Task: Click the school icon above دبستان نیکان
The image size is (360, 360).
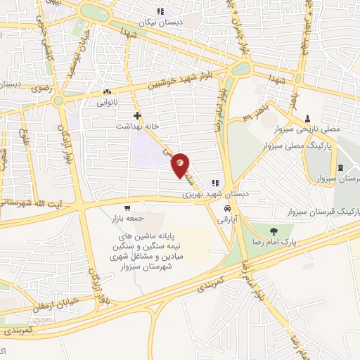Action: pos(161,11)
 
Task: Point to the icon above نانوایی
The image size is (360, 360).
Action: pos(107,91)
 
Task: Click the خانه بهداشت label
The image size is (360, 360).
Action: pos(136,126)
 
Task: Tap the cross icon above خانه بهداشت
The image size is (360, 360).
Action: pos(137,115)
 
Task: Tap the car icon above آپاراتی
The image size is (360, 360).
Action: pos(227,209)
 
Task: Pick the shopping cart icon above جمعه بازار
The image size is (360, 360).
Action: pos(127,207)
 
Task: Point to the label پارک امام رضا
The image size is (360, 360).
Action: pos(272,240)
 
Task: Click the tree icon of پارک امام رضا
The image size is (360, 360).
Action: pos(272,229)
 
